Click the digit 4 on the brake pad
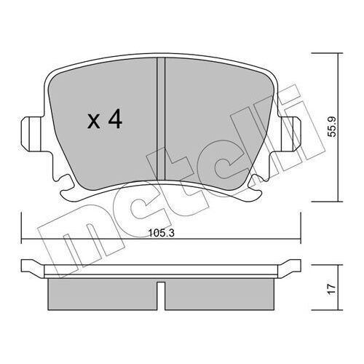[x=114, y=119]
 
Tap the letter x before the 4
[x=93, y=122]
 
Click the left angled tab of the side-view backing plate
[x=33, y=268]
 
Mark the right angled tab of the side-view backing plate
[x=291, y=268]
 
